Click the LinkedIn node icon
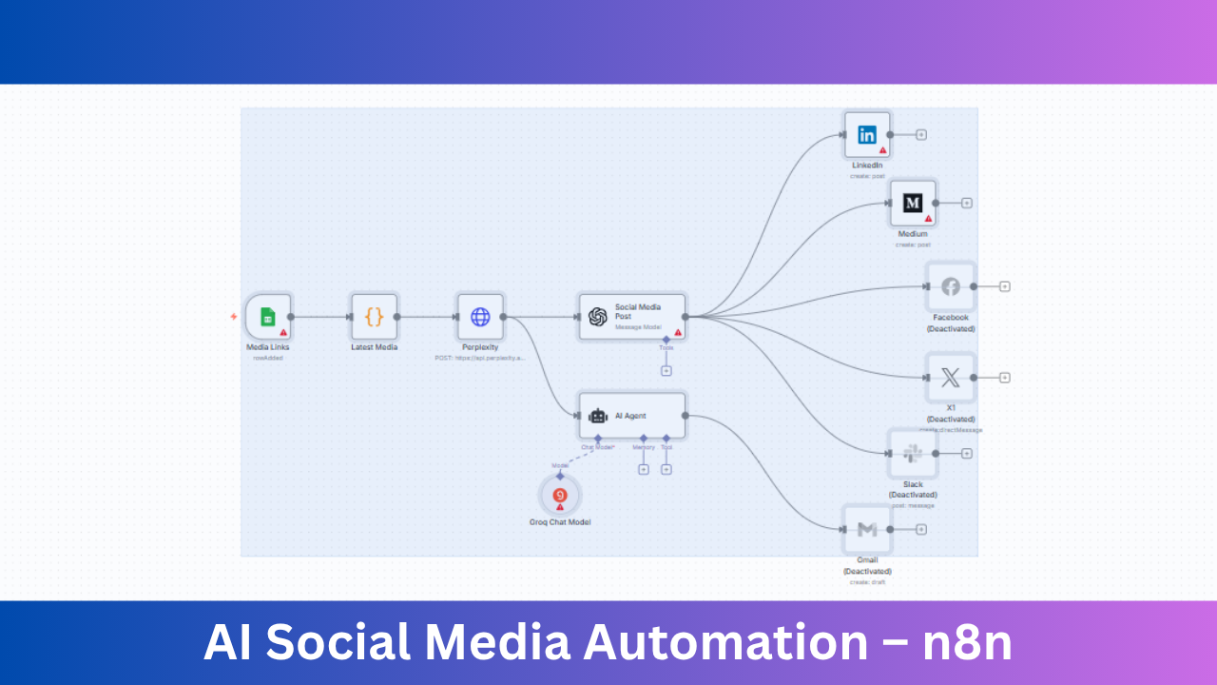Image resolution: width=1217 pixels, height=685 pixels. (867, 135)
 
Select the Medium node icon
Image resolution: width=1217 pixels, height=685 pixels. (913, 203)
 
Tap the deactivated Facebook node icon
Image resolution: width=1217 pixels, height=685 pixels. (950, 286)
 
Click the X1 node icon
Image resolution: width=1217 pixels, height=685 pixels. (950, 378)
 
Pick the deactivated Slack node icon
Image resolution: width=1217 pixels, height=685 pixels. (913, 454)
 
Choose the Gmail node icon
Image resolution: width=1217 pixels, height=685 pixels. (867, 529)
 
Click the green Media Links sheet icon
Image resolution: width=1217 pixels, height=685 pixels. (268, 318)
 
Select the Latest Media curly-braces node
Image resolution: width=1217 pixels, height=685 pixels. (374, 317)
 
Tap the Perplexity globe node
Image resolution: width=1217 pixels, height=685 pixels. (480, 317)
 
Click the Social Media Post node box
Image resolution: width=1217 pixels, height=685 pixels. (631, 317)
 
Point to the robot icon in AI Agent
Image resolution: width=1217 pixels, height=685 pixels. (597, 416)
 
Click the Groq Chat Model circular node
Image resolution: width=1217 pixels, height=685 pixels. (560, 496)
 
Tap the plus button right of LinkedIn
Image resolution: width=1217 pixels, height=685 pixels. (921, 135)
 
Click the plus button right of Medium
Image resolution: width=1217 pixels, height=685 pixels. (967, 203)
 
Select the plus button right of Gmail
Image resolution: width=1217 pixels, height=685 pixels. (921, 529)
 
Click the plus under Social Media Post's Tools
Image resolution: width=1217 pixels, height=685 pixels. (666, 371)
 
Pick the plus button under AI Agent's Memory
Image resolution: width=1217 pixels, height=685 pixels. (644, 469)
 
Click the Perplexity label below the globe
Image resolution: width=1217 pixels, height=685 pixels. (480, 347)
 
